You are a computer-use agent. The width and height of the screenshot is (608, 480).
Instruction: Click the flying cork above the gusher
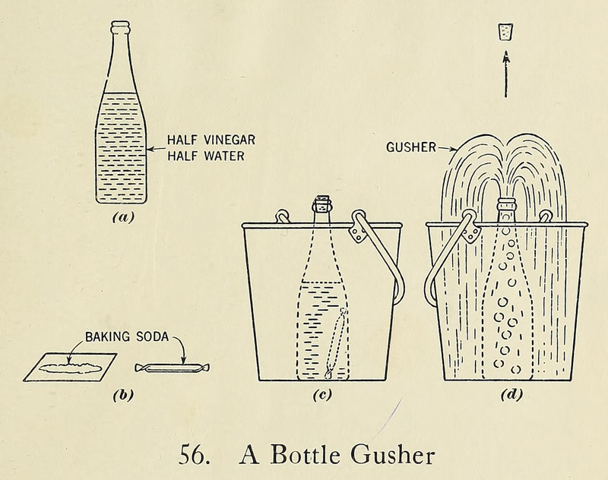(504, 31)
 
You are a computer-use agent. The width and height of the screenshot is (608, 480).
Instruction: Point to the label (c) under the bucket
(323, 395)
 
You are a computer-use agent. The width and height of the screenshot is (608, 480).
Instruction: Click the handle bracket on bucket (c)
(359, 232)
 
